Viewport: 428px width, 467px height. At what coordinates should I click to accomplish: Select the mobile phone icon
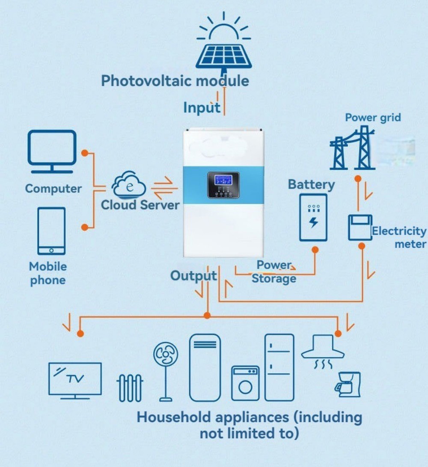(51, 231)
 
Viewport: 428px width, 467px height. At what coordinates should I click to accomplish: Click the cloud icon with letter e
(129, 186)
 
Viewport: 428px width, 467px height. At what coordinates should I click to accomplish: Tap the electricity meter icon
(360, 227)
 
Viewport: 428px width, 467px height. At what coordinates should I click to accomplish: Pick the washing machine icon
(245, 383)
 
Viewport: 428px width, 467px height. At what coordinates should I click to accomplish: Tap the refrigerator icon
(279, 367)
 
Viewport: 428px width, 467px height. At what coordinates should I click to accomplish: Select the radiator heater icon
(129, 387)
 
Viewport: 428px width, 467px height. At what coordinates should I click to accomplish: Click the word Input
(202, 107)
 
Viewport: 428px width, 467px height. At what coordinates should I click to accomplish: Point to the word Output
(193, 276)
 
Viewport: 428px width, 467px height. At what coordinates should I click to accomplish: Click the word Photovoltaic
(145, 80)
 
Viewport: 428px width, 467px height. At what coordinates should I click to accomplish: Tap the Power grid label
(373, 117)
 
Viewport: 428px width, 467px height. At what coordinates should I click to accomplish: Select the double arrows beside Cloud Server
(164, 189)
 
